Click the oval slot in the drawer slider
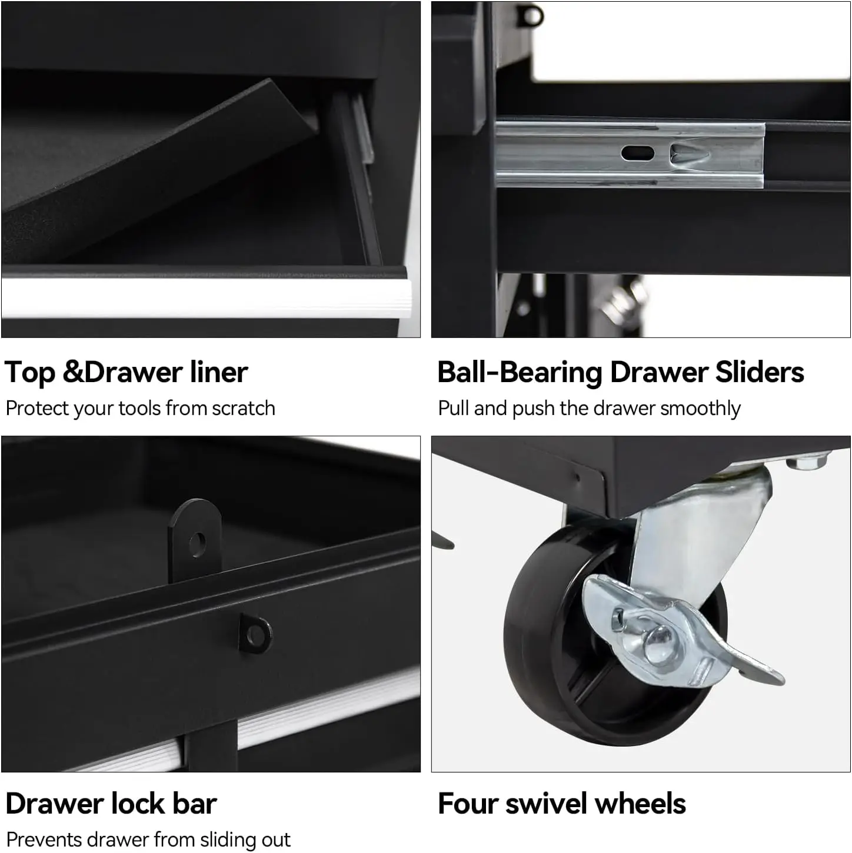click(x=638, y=154)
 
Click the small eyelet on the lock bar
click(x=256, y=634)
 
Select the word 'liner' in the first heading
click(x=219, y=372)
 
